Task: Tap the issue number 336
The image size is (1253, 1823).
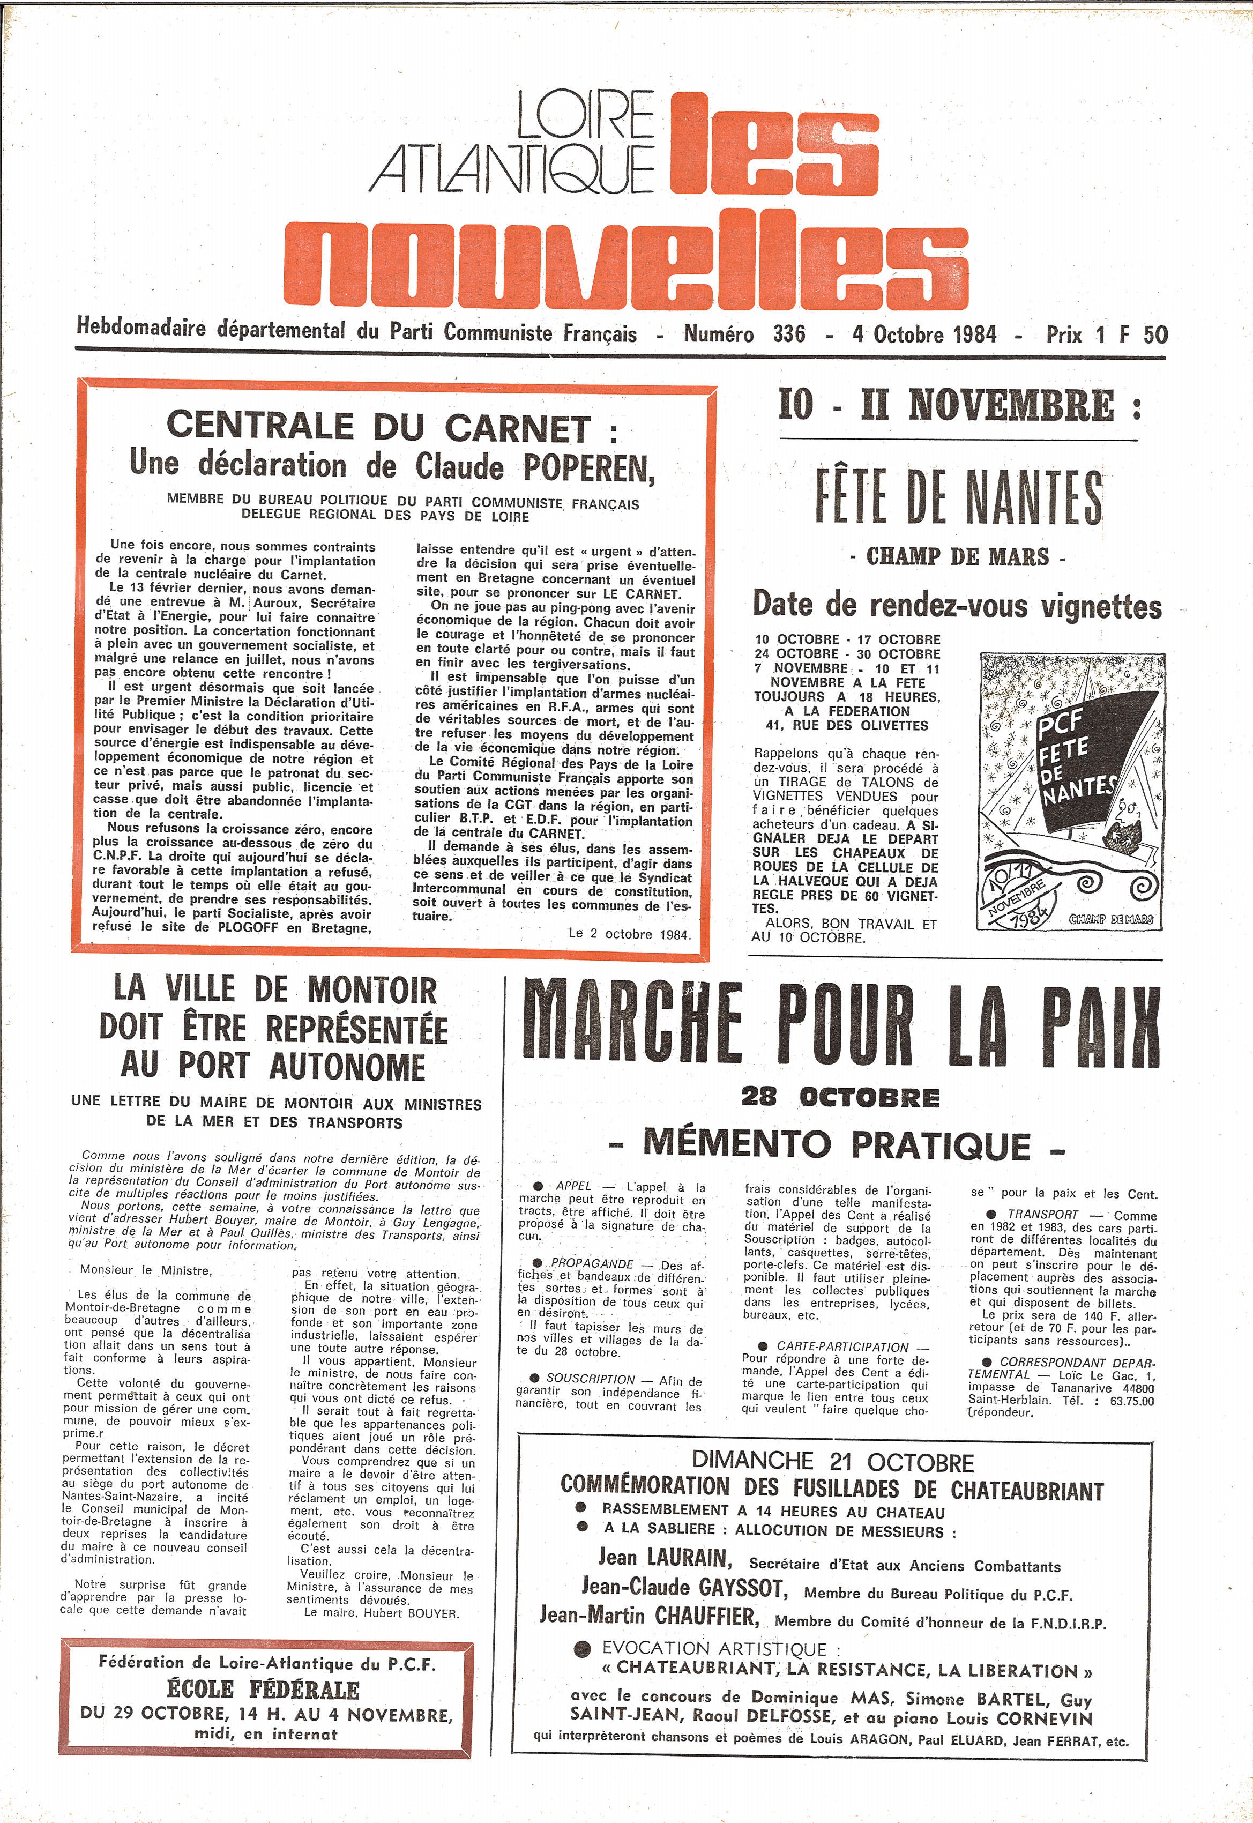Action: pos(788,334)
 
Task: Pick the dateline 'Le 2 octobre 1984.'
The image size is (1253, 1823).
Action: pos(630,934)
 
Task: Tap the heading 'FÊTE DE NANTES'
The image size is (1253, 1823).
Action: pos(958,498)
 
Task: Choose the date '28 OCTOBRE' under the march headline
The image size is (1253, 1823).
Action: pos(840,1098)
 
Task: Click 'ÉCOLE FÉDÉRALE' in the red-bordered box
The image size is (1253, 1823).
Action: pos(263,1689)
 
